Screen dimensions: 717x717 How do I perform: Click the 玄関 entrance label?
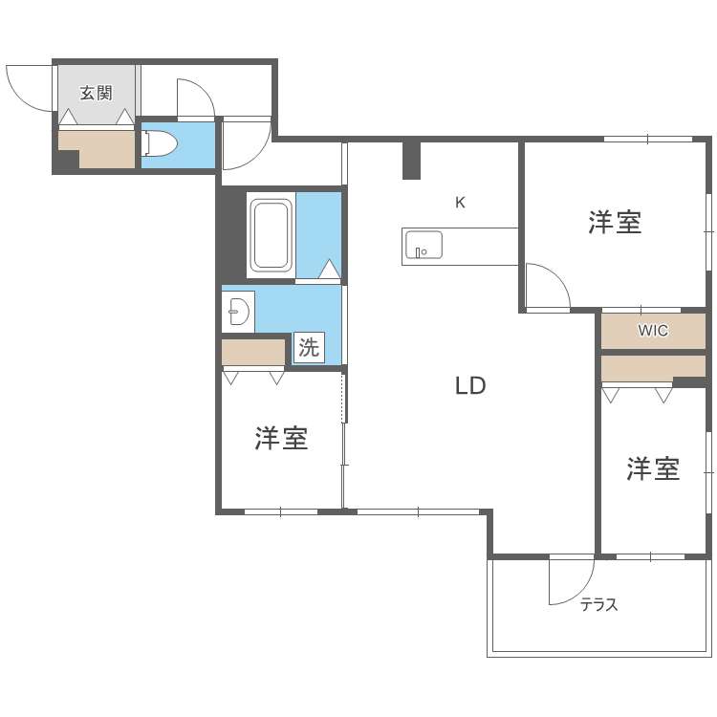[96, 93]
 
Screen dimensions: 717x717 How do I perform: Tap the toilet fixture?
[161, 143]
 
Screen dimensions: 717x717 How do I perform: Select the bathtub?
[271, 235]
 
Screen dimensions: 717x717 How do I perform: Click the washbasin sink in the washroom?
[237, 311]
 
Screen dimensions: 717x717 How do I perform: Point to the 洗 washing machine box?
[309, 348]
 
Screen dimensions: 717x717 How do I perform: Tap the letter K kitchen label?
[460, 203]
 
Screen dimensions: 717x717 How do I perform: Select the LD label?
[470, 386]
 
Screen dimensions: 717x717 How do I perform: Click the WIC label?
[653, 331]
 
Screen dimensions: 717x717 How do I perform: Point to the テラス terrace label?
[599, 604]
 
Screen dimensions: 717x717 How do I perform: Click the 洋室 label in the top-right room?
[614, 223]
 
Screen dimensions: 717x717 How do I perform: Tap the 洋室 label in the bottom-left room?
[281, 439]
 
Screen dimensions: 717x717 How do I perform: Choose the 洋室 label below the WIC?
[653, 468]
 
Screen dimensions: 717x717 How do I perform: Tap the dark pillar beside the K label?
[411, 160]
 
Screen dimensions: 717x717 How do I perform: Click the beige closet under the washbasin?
[253, 352]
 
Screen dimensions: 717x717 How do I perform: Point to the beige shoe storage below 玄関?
[97, 149]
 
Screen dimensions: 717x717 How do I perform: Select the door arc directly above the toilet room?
[194, 98]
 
